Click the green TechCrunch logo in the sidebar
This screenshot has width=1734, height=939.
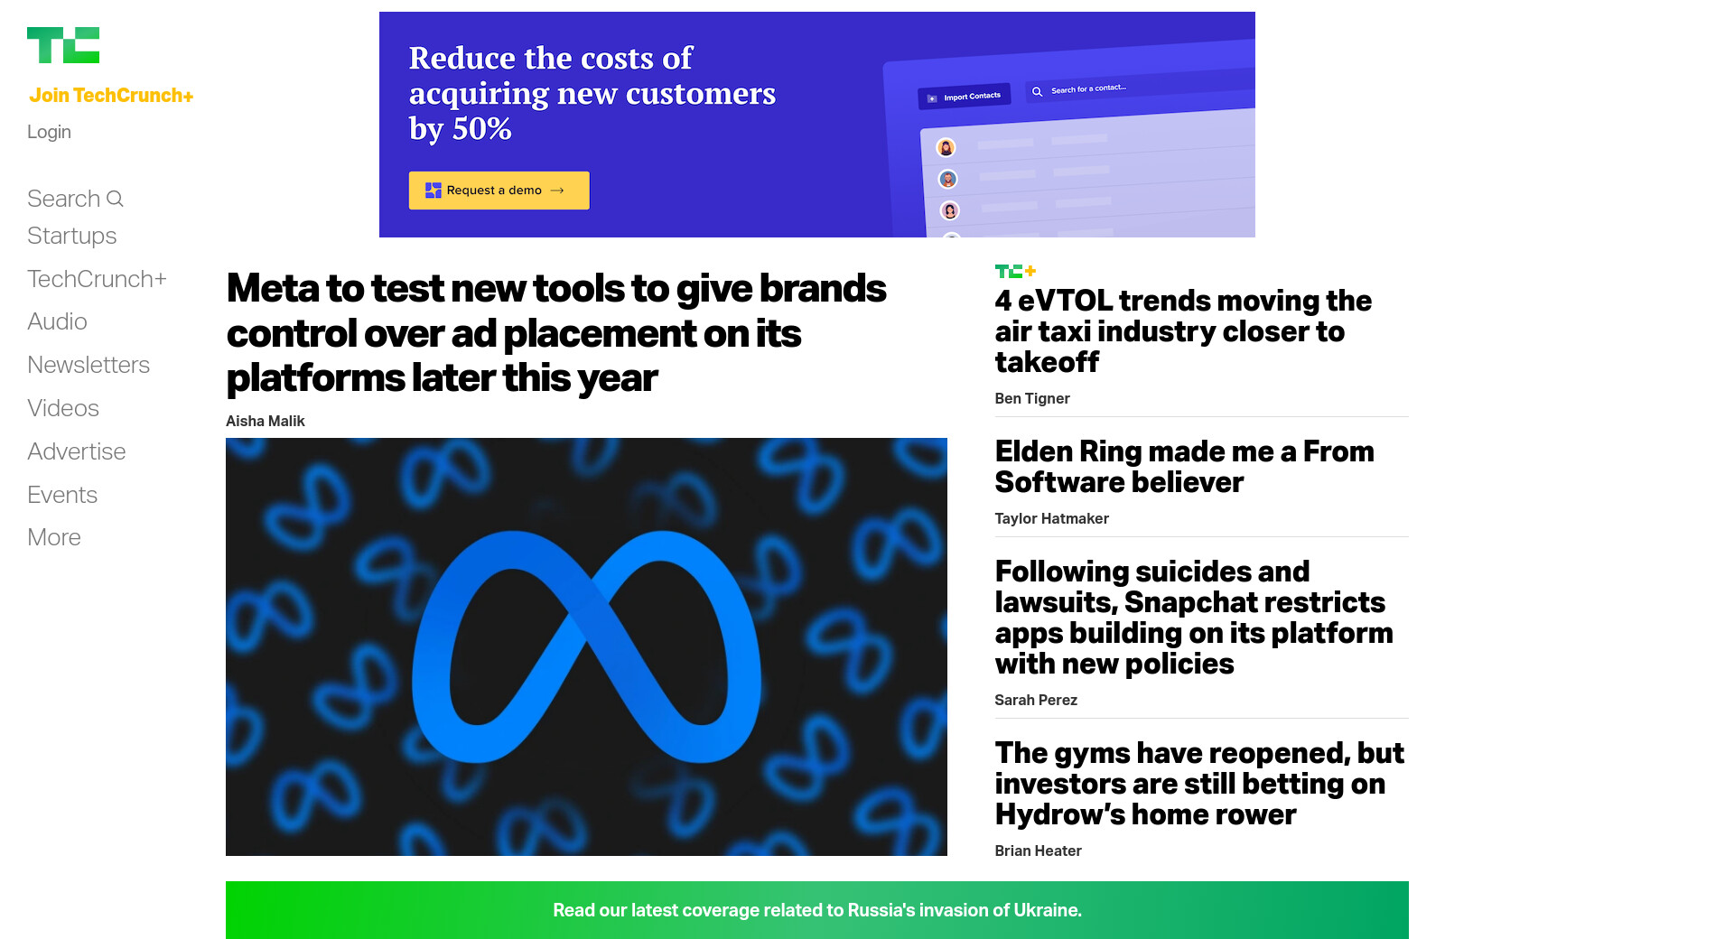pos(63,45)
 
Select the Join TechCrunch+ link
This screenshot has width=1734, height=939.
pos(111,96)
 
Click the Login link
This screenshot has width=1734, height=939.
pos(49,132)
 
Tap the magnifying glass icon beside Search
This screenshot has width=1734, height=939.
pos(115,199)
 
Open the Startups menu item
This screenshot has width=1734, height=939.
pos(72,236)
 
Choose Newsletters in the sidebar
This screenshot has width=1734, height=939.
pos(89,365)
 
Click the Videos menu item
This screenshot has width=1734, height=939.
pos(63,408)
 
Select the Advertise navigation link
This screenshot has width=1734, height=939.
pos(77,451)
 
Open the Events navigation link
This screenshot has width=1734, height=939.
pos(62,495)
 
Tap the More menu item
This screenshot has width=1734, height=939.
pos(54,537)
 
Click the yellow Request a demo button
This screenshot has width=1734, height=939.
pos(499,191)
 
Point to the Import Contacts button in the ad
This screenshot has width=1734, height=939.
pos(965,97)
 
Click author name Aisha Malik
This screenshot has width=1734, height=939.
pos(266,421)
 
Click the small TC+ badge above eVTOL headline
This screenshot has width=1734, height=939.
pos(1015,271)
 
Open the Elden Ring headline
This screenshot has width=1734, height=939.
pos(1185,467)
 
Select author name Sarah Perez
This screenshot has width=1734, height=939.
pos(1036,700)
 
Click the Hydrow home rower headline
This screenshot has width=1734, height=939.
pos(1199,784)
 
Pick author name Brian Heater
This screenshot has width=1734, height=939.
pos(1039,851)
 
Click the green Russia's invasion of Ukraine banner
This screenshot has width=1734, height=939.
pos(817,910)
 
